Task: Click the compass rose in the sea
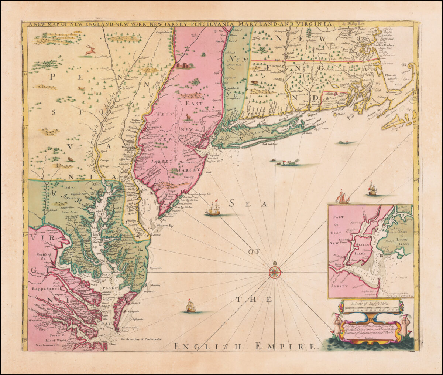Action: [x=275, y=273]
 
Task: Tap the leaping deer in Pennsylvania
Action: [x=90, y=51]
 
